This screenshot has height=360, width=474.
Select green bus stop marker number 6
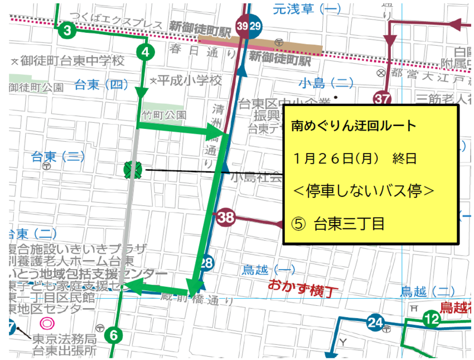pyautogui.click(x=114, y=335)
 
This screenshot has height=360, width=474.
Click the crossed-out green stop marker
pyautogui.click(x=134, y=169)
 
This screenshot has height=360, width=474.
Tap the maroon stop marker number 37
pyautogui.click(x=382, y=99)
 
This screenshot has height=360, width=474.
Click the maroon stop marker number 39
pyautogui.click(x=243, y=26)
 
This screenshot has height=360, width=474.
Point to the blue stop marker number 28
pyautogui.click(x=207, y=262)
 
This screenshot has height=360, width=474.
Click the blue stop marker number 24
pyautogui.click(x=376, y=322)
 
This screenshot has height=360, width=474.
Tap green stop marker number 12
pyautogui.click(x=431, y=319)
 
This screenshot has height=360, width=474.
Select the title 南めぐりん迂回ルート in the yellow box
pyautogui.click(x=354, y=126)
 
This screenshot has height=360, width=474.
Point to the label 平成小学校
pyautogui.click(x=188, y=80)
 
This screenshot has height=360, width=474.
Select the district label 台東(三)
pyautogui.click(x=57, y=157)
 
